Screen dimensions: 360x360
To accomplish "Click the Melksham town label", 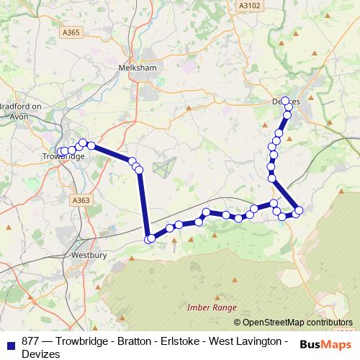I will coord(137,67).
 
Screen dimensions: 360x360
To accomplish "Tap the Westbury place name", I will coord(89,255).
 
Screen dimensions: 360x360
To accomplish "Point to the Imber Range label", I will coord(212,307).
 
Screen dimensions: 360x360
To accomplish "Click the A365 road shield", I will coord(72,32).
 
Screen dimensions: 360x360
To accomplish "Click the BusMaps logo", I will coord(325,343).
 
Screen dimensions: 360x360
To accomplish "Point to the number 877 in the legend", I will coord(31,340).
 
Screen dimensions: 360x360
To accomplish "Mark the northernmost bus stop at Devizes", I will coord(285,101).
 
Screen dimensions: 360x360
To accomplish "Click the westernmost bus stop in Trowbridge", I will coord(60,152).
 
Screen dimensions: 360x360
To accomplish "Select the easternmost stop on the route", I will coord(299,210).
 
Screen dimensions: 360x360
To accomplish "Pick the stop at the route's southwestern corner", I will coord(149,239).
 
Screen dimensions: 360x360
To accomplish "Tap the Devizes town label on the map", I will coord(287,102).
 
